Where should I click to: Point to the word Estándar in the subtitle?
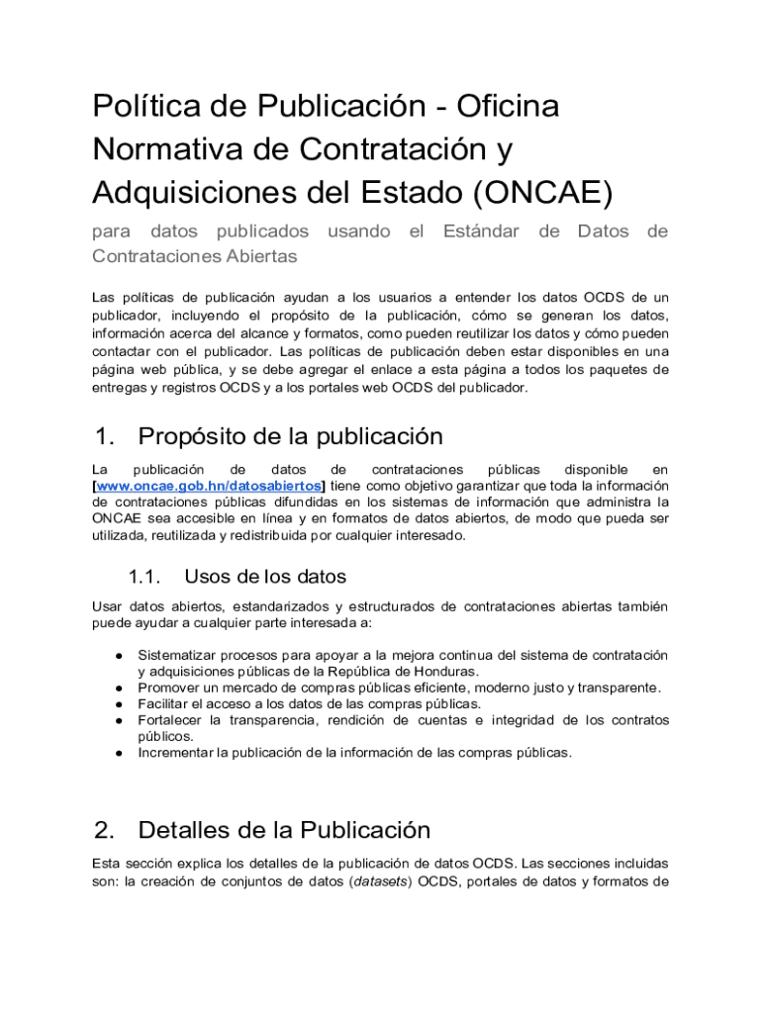[481, 231]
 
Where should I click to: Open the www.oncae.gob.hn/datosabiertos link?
[209, 487]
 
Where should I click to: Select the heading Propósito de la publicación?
[290, 436]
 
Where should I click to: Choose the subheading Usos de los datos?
[265, 577]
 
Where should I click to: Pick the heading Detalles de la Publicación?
[284, 829]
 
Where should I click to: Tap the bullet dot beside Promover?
[118, 688]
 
